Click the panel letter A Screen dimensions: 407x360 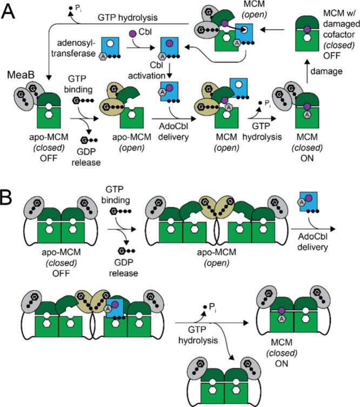tap(10, 11)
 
